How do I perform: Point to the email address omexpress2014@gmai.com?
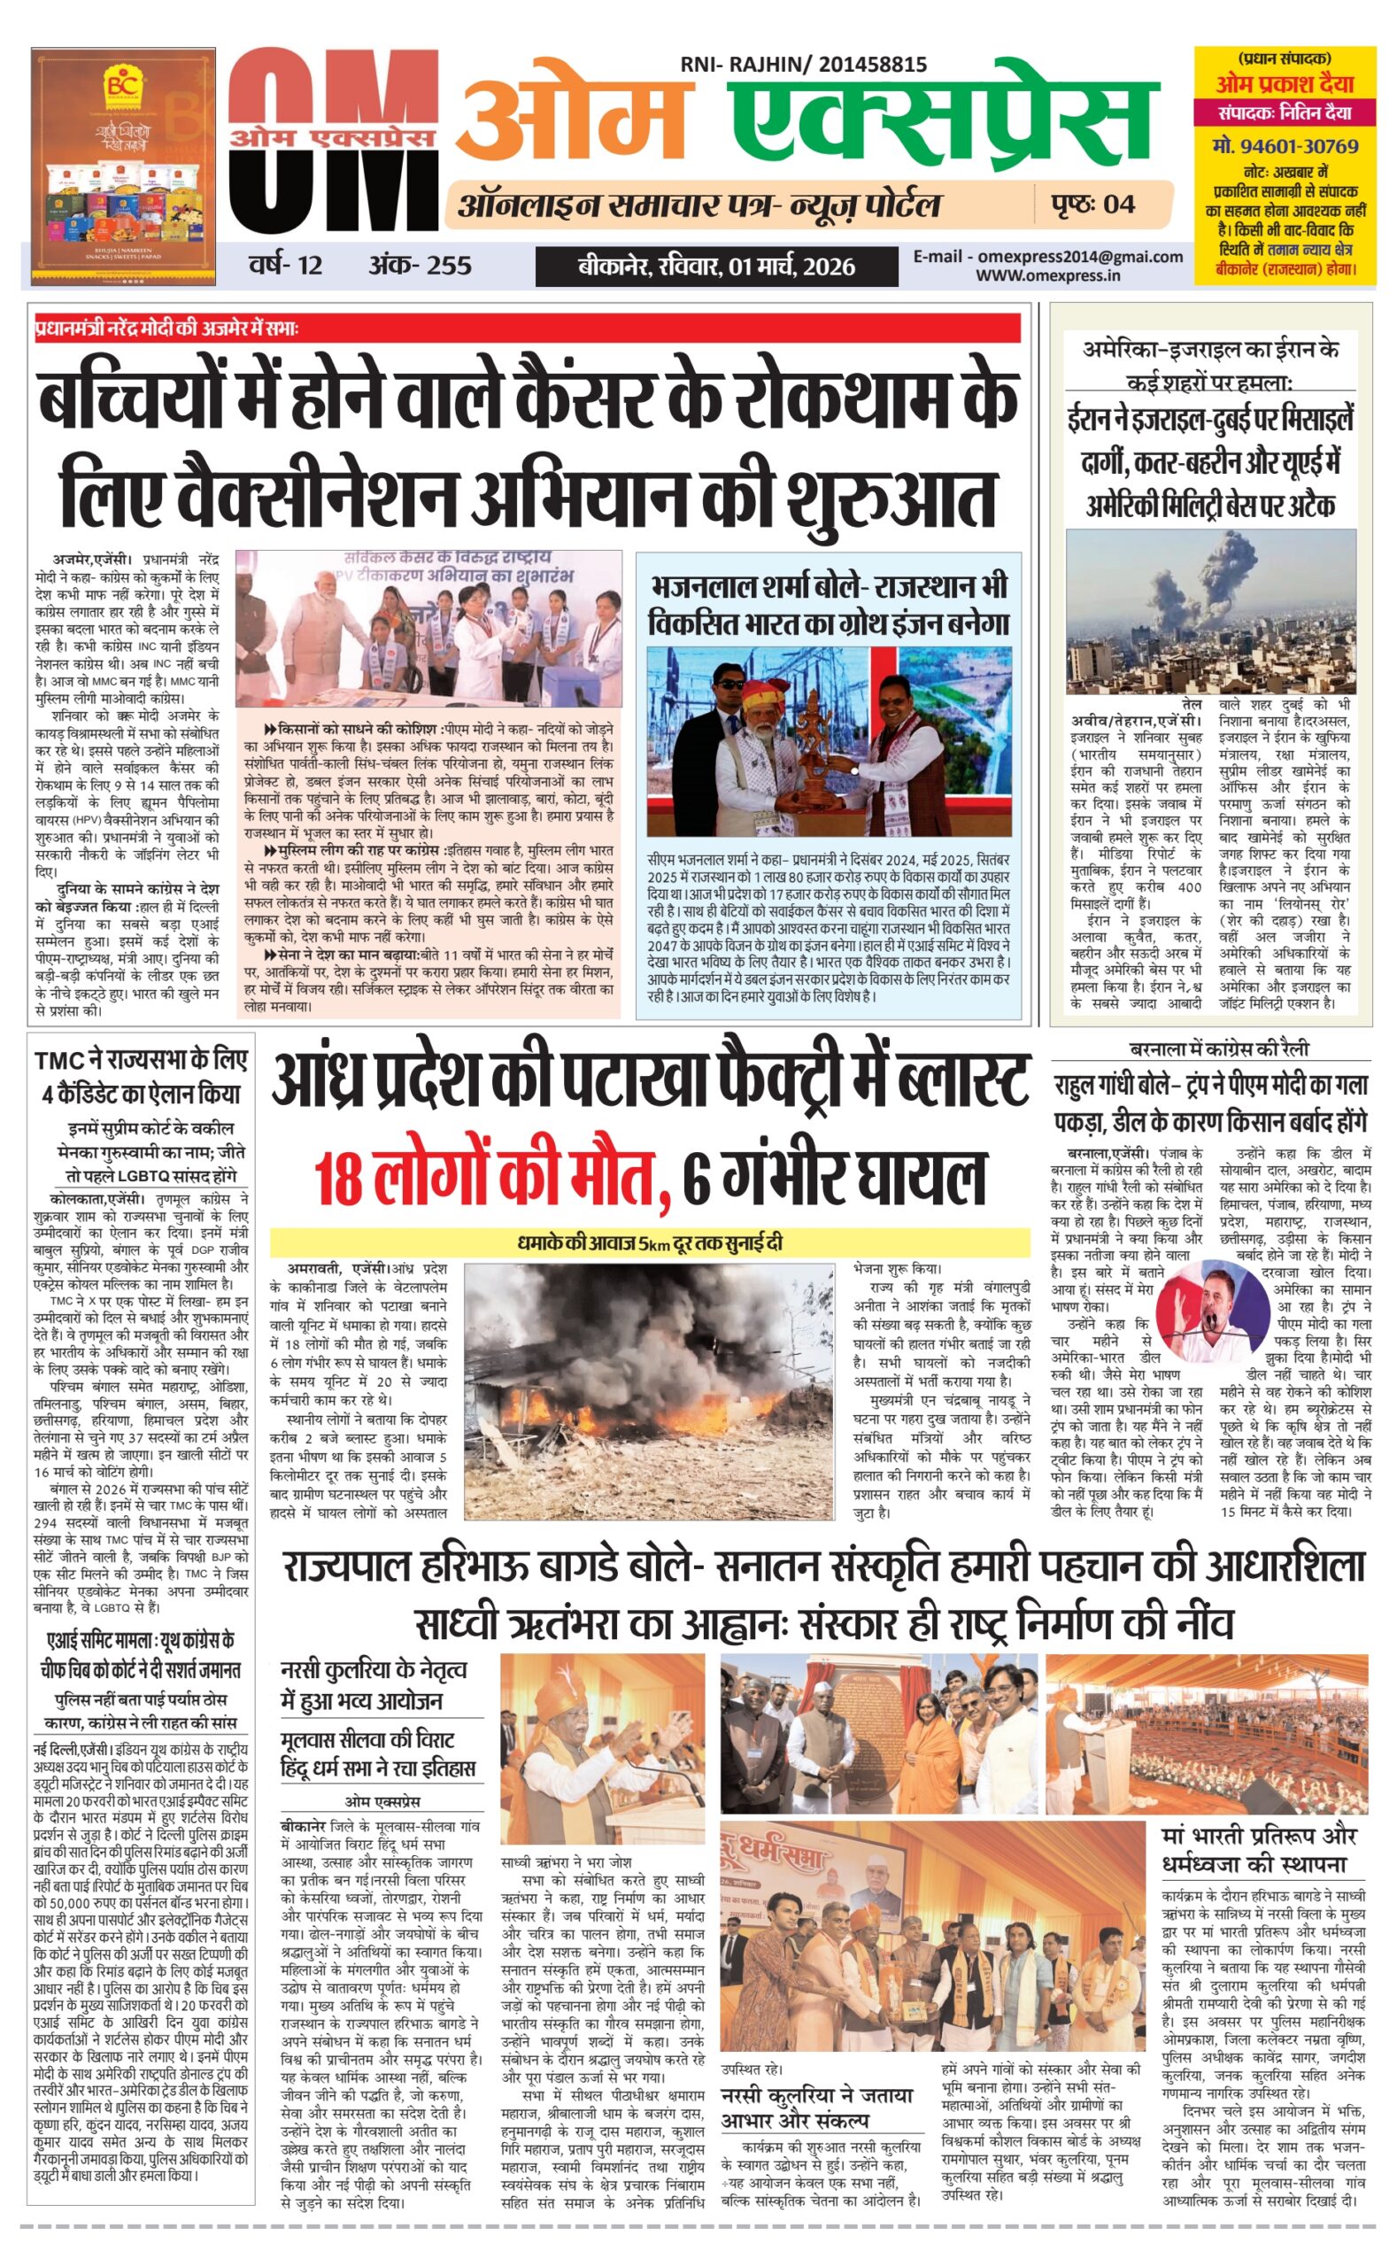[1080, 256]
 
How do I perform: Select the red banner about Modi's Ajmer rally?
[527, 328]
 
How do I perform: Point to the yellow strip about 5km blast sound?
[649, 1242]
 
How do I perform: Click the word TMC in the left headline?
[63, 1061]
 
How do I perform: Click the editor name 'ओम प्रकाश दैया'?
[1285, 84]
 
